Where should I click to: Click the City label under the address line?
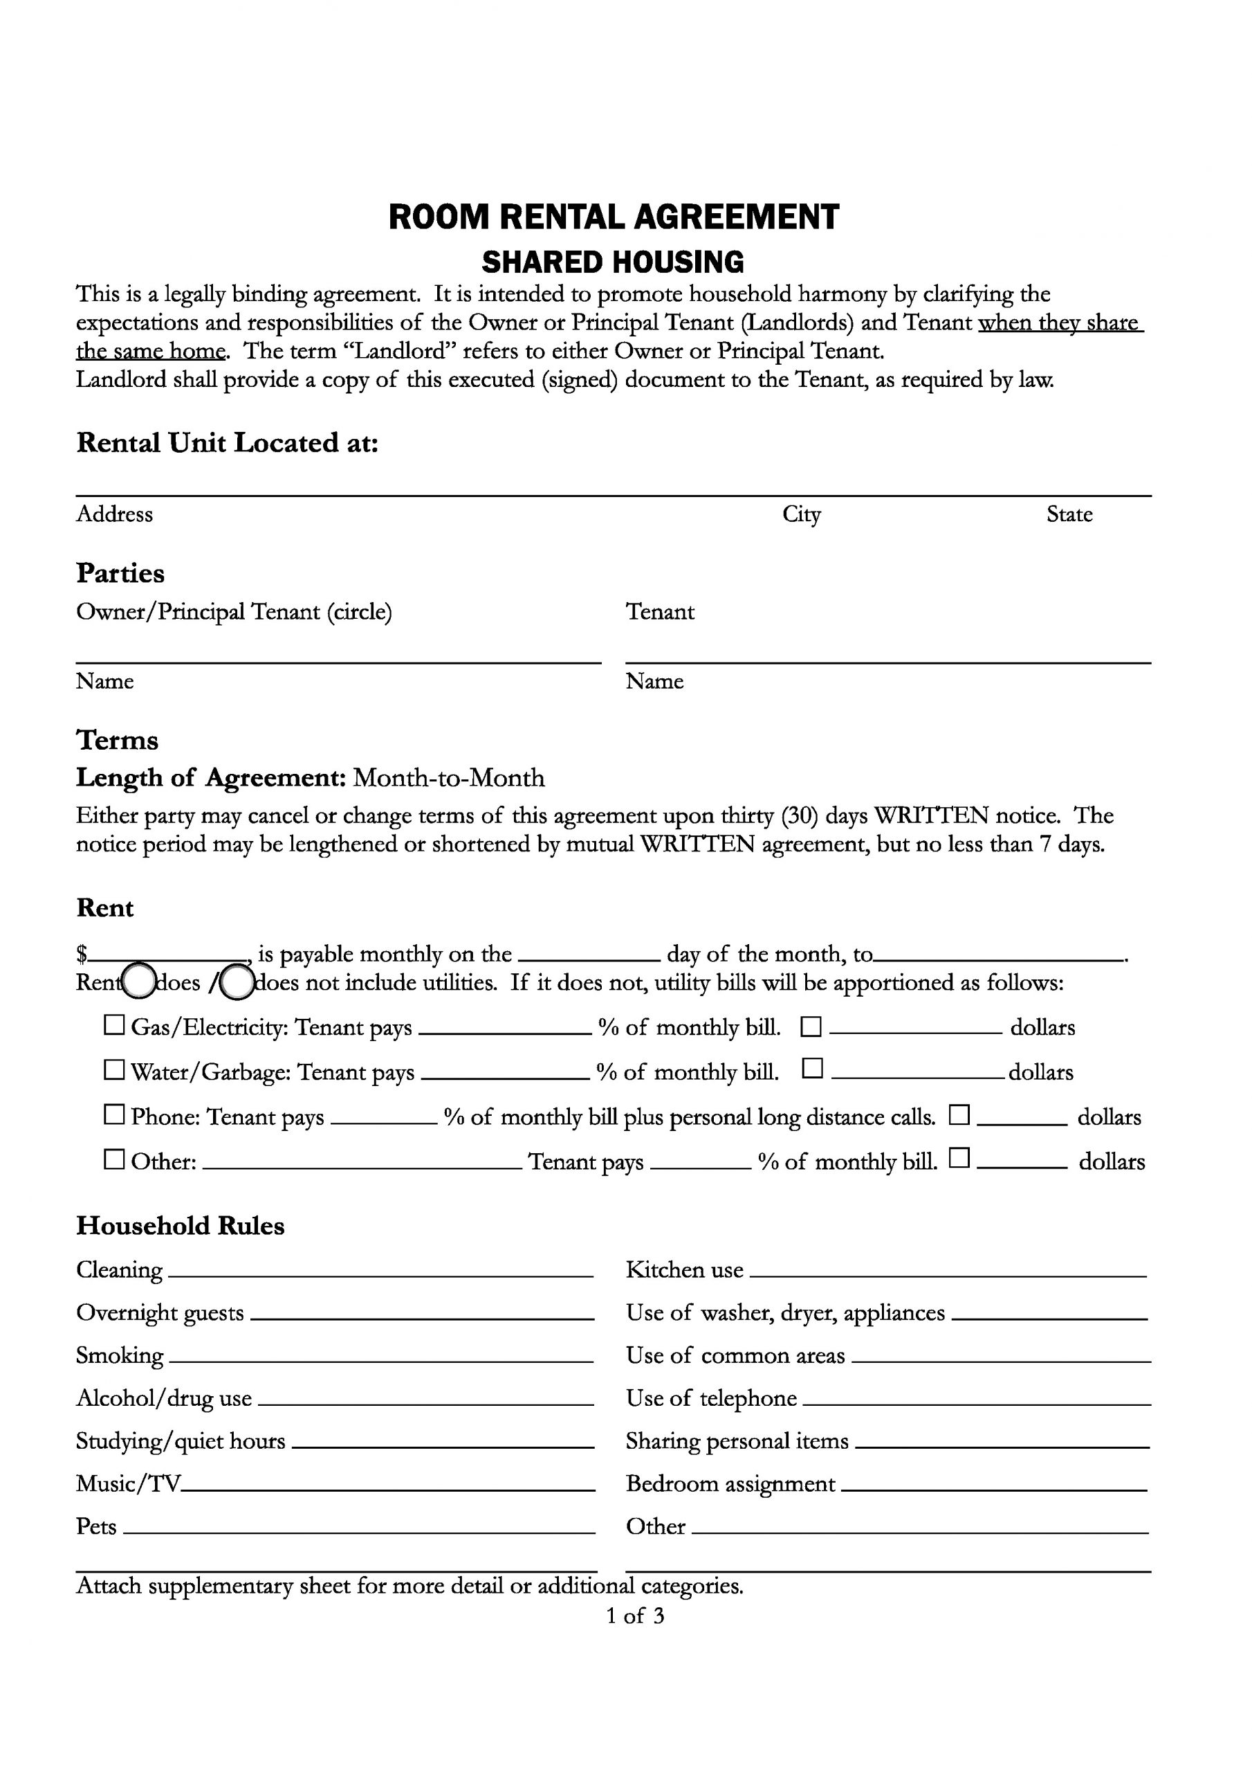(x=802, y=515)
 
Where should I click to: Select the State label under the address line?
(x=1069, y=515)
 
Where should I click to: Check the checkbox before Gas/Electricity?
(x=114, y=1026)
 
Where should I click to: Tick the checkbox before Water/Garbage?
(x=114, y=1070)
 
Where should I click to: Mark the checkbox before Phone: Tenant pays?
(x=114, y=1115)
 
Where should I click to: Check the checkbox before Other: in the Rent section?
(x=114, y=1160)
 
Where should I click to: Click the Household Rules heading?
(x=180, y=1227)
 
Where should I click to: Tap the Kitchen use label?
(x=684, y=1270)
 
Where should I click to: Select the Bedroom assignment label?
(x=730, y=1484)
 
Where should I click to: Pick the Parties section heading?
(x=120, y=573)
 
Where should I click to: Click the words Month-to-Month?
(x=448, y=778)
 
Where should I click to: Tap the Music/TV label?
(x=128, y=1484)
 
